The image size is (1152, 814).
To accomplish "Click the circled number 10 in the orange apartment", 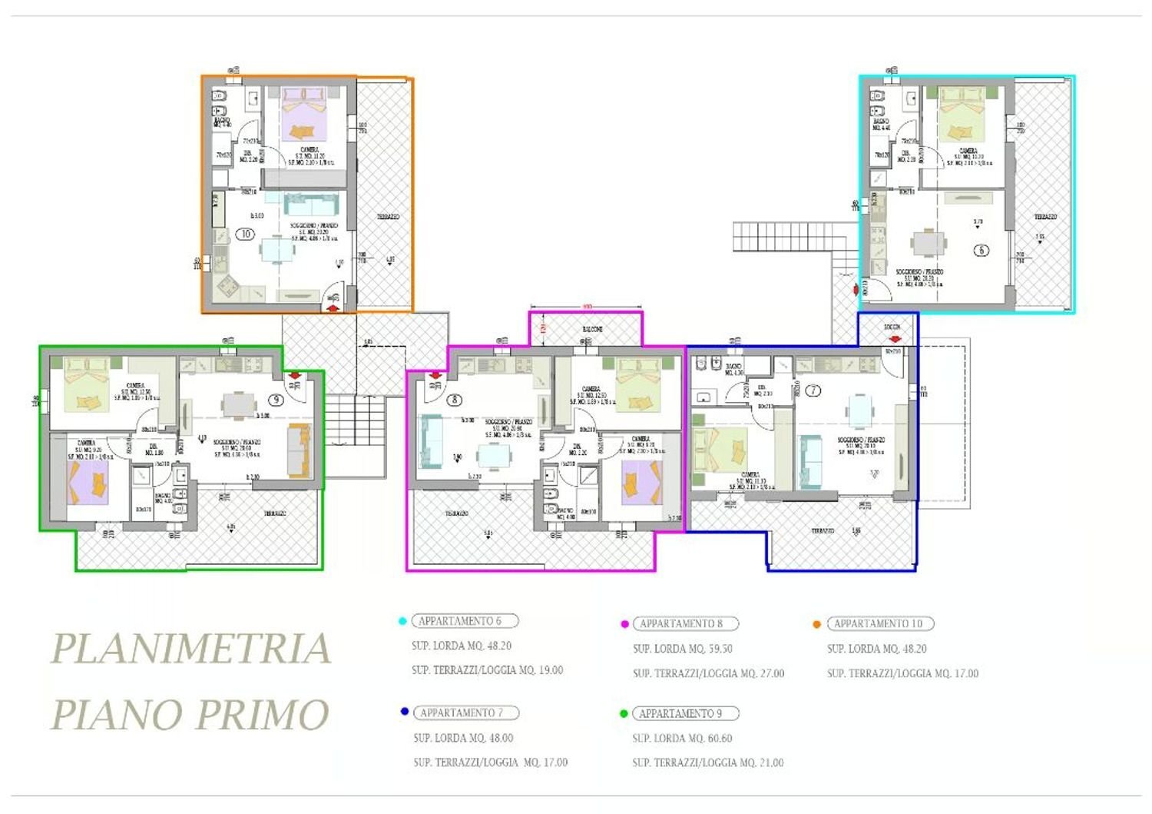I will coord(245,234).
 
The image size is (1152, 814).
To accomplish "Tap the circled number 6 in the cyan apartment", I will coord(981,250).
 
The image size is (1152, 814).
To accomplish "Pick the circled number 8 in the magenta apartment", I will coord(455,400).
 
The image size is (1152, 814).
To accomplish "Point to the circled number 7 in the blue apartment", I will coord(813,390).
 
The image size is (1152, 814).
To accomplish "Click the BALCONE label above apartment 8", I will coord(591,329).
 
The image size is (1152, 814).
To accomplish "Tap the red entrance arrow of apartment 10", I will coord(333,307).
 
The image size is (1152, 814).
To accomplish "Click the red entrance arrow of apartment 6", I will coord(856,290).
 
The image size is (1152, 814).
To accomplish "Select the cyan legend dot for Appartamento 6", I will coord(402,621).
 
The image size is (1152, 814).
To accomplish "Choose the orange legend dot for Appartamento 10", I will coord(816,624).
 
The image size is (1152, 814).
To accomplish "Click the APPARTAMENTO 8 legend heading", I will coord(685,624).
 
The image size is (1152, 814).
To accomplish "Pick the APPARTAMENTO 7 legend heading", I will coord(465,713).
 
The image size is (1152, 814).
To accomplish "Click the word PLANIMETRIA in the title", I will coord(190,649).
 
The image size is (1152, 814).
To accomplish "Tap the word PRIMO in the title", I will coord(263,715).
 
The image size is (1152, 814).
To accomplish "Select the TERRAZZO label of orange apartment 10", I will coord(388,218).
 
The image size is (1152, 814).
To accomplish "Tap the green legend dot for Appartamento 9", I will coord(624,714).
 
